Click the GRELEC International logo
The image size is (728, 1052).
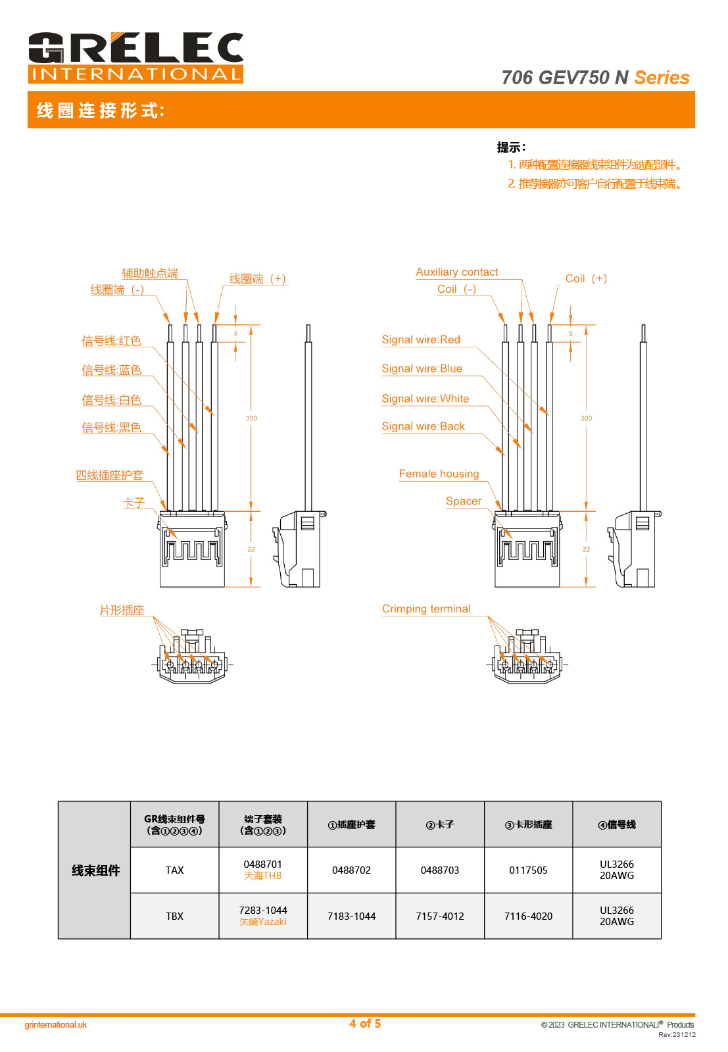click(135, 58)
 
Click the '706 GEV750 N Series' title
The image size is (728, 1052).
click(595, 78)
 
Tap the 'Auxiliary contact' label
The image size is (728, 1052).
click(456, 272)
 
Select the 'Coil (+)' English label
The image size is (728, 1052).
click(585, 279)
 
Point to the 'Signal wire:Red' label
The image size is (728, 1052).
click(421, 340)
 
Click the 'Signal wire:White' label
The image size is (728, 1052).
click(425, 399)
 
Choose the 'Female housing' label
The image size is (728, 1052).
click(439, 474)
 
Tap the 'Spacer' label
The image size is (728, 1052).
click(463, 501)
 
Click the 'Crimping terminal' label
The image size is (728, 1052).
click(426, 609)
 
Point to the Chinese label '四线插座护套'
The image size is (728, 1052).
click(109, 475)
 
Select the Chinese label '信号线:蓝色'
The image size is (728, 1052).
click(111, 370)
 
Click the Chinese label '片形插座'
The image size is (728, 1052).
click(122, 611)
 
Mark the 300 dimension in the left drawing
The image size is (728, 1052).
click(251, 418)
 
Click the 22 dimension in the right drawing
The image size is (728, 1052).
click(586, 549)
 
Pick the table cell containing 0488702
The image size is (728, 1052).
click(351, 870)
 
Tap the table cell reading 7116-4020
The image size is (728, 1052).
click(528, 916)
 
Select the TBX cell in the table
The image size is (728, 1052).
click(174, 916)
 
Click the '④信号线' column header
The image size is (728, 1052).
click(616, 825)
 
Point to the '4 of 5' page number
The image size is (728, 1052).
click(365, 1024)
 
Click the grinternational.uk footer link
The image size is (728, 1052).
click(56, 1025)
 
